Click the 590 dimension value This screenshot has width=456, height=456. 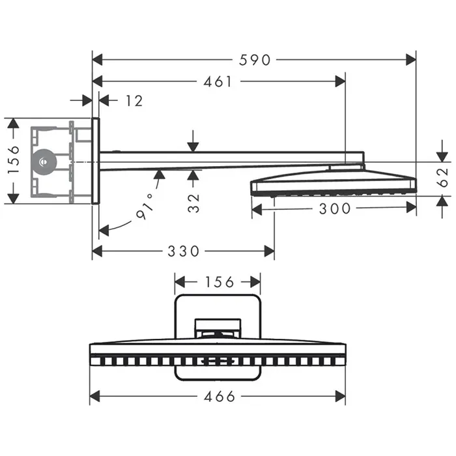(254, 60)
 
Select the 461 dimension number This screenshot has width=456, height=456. (218, 82)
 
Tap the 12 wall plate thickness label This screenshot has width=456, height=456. (134, 100)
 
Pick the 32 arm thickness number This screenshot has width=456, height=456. (193, 202)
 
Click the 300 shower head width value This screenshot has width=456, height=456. (336, 208)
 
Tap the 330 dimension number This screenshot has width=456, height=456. (183, 251)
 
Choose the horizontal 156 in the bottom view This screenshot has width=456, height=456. (218, 281)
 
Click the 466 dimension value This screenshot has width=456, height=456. (218, 396)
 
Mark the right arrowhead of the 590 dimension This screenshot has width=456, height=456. (411, 60)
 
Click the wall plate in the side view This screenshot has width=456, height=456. (96, 160)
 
